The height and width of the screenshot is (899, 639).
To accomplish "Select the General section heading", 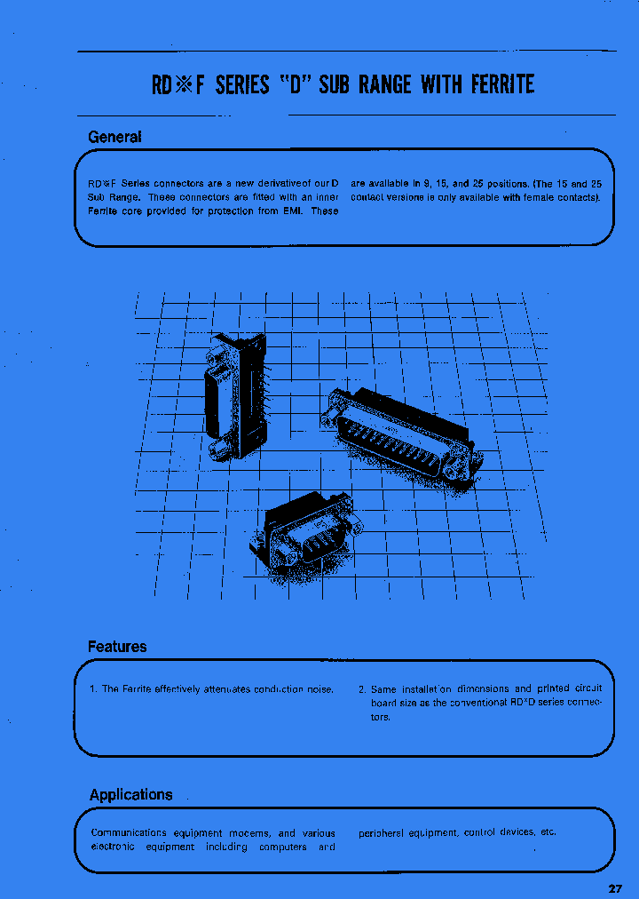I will pyautogui.click(x=114, y=137).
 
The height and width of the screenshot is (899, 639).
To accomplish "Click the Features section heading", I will pyautogui.click(x=117, y=647).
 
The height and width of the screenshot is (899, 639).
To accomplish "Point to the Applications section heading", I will pyautogui.click(x=131, y=794).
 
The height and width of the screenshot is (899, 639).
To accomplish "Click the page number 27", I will pyautogui.click(x=617, y=889).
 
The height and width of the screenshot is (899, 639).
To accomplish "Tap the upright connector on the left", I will pyautogui.click(x=234, y=395).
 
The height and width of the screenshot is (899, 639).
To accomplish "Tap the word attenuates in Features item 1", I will pyautogui.click(x=228, y=689).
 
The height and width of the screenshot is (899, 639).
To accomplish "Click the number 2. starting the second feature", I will pyautogui.click(x=362, y=689).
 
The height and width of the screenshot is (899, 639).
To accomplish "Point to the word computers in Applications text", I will pyautogui.click(x=283, y=847).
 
